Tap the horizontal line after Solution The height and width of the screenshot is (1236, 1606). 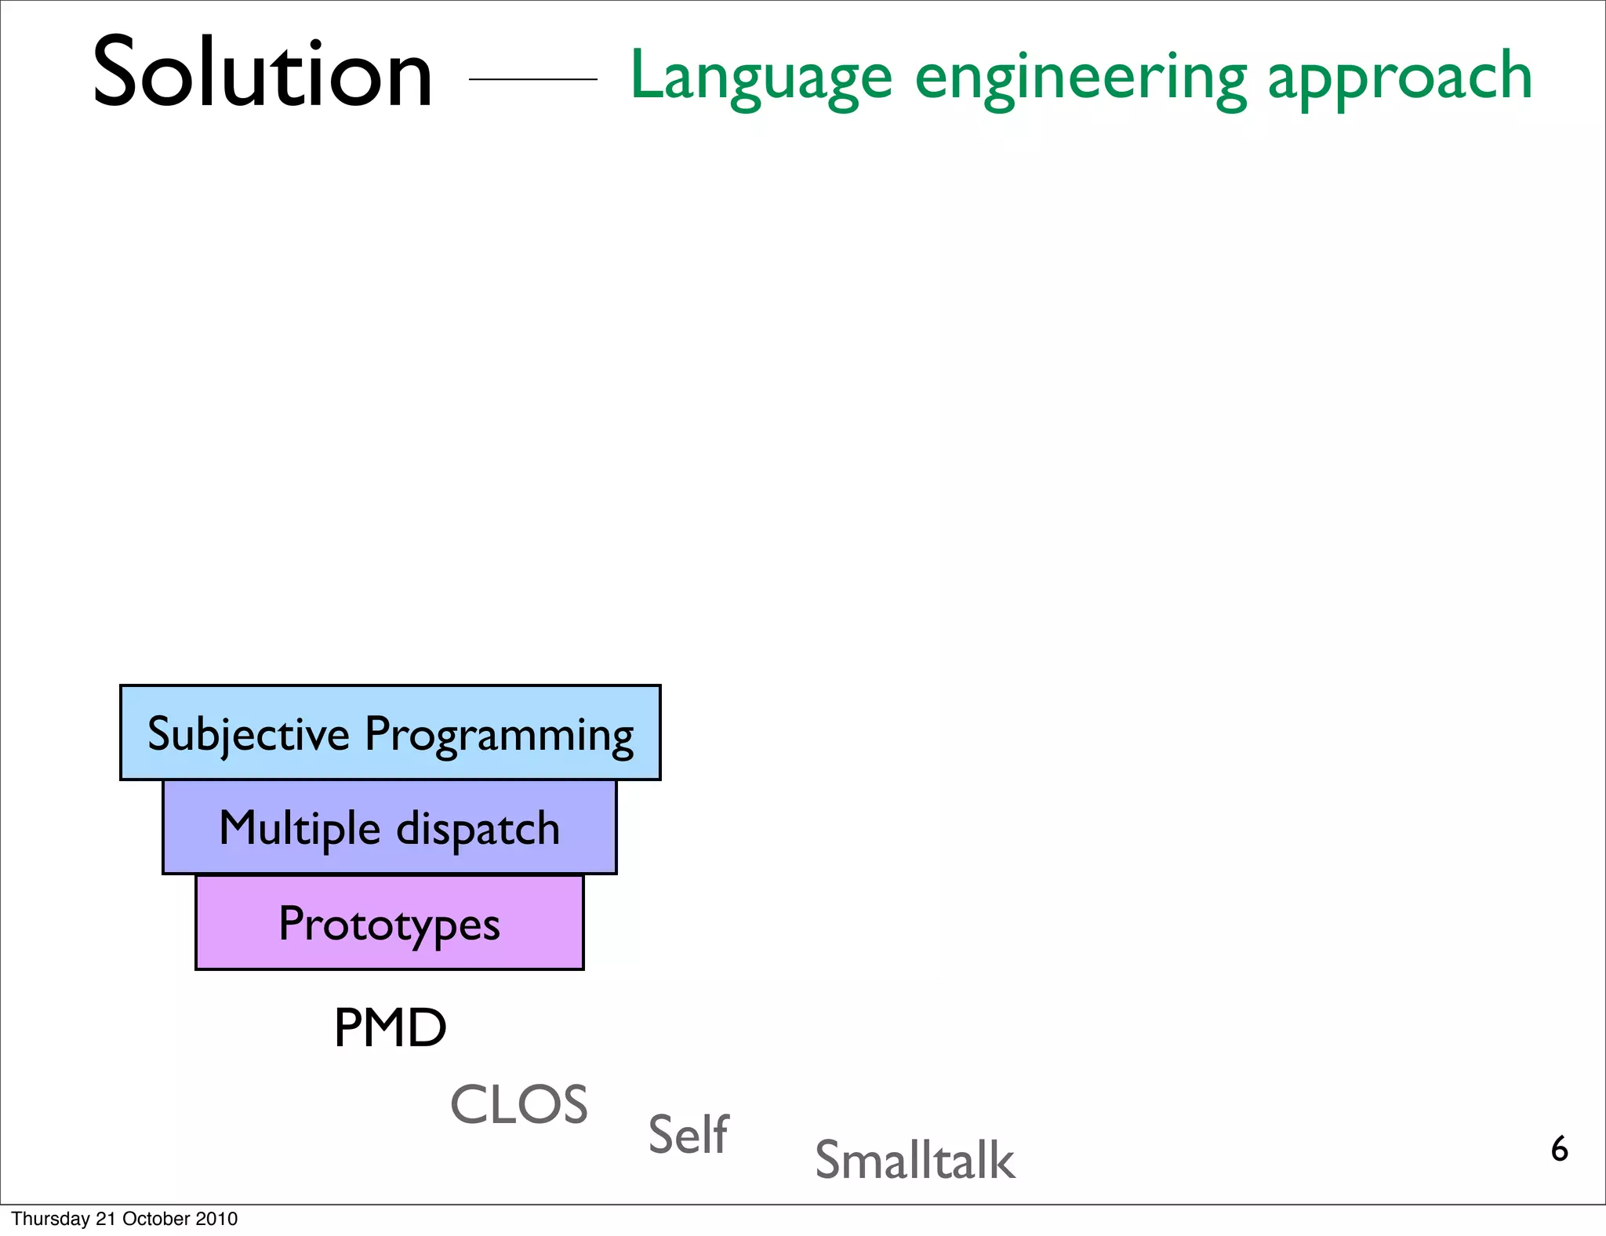tap(532, 79)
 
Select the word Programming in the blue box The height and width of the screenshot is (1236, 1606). tap(499, 736)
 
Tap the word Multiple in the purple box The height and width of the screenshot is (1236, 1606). tap(300, 829)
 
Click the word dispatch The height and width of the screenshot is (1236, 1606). tap(478, 828)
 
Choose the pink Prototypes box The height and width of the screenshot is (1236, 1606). tap(390, 923)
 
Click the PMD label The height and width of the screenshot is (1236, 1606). tap(390, 1027)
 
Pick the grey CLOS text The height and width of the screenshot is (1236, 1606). tap(519, 1104)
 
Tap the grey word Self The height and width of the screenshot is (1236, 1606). tap(689, 1134)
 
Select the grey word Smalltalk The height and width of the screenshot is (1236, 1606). tap(914, 1160)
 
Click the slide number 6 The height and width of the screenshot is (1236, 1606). tap(1559, 1149)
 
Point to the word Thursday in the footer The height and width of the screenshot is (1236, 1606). tap(51, 1219)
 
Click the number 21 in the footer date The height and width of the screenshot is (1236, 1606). tap(106, 1219)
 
